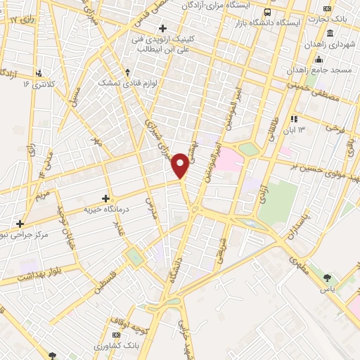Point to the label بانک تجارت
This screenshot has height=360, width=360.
(338, 20)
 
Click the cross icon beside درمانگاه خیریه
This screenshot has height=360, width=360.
(105, 199)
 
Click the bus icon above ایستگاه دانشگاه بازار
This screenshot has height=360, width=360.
(267, 13)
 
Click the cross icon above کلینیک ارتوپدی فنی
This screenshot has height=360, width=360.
(163, 28)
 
